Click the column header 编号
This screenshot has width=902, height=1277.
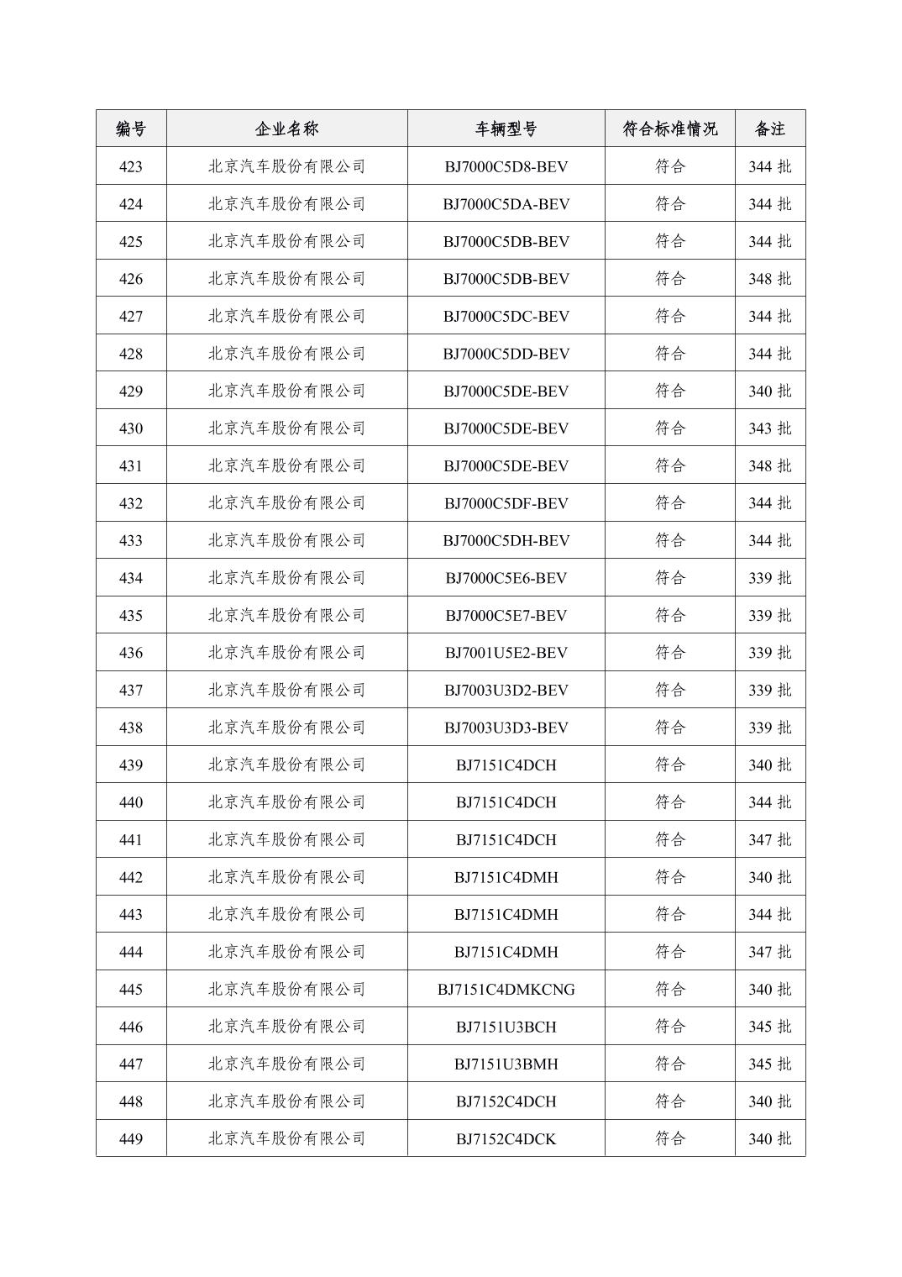(x=131, y=129)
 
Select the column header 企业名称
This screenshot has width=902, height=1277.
(x=286, y=129)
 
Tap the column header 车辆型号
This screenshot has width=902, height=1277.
(x=506, y=129)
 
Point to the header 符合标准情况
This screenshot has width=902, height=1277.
(x=669, y=129)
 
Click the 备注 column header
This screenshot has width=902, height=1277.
(x=769, y=129)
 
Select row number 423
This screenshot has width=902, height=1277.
(x=131, y=166)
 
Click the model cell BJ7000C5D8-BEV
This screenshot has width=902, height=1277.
(x=506, y=166)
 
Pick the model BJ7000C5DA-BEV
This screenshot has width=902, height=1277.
(x=506, y=204)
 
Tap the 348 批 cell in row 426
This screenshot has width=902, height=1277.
(x=769, y=279)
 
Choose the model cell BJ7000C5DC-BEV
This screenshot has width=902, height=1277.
(x=506, y=316)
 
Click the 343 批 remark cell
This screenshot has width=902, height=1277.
(x=769, y=428)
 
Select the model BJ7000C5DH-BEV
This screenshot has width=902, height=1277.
(x=506, y=540)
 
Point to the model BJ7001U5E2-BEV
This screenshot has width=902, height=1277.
(x=506, y=653)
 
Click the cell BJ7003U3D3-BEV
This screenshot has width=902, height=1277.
(x=506, y=728)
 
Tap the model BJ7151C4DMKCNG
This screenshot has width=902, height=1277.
(x=506, y=990)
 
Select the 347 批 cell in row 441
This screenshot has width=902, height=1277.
(x=769, y=839)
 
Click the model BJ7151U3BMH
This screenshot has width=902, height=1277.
(x=506, y=1064)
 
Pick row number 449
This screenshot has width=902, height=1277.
(x=131, y=1139)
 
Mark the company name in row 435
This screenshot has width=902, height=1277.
(x=286, y=615)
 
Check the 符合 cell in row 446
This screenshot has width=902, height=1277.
(x=669, y=1027)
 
